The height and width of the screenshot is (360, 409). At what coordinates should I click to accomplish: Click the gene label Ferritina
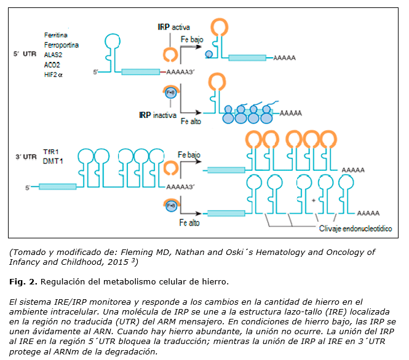pos(55,36)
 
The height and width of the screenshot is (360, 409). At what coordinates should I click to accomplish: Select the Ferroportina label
pos(61,45)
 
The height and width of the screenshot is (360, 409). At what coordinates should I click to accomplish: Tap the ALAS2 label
pos(53,54)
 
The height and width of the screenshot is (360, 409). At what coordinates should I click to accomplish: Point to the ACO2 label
pos(52,63)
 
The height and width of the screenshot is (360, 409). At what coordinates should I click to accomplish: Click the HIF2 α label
pos(54,72)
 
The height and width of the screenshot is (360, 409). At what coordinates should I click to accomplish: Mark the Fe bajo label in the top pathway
pos(192,39)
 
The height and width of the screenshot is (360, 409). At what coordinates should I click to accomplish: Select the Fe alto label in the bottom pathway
pos(189,223)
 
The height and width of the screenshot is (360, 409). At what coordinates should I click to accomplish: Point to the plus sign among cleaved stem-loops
pos(314,200)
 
